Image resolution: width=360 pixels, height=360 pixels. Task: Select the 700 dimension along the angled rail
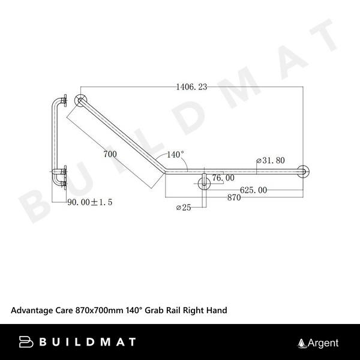[109, 154]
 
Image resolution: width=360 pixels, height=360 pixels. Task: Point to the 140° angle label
[175, 154]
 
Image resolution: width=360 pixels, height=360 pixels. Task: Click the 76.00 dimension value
[223, 178]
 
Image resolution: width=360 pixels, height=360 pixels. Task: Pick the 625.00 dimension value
[253, 190]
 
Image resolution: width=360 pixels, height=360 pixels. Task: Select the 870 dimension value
[235, 198]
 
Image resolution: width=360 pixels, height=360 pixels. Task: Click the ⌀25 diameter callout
[184, 208]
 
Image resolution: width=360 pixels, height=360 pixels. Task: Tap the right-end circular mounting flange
[304, 172]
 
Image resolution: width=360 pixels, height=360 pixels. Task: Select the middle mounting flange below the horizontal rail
[205, 181]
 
